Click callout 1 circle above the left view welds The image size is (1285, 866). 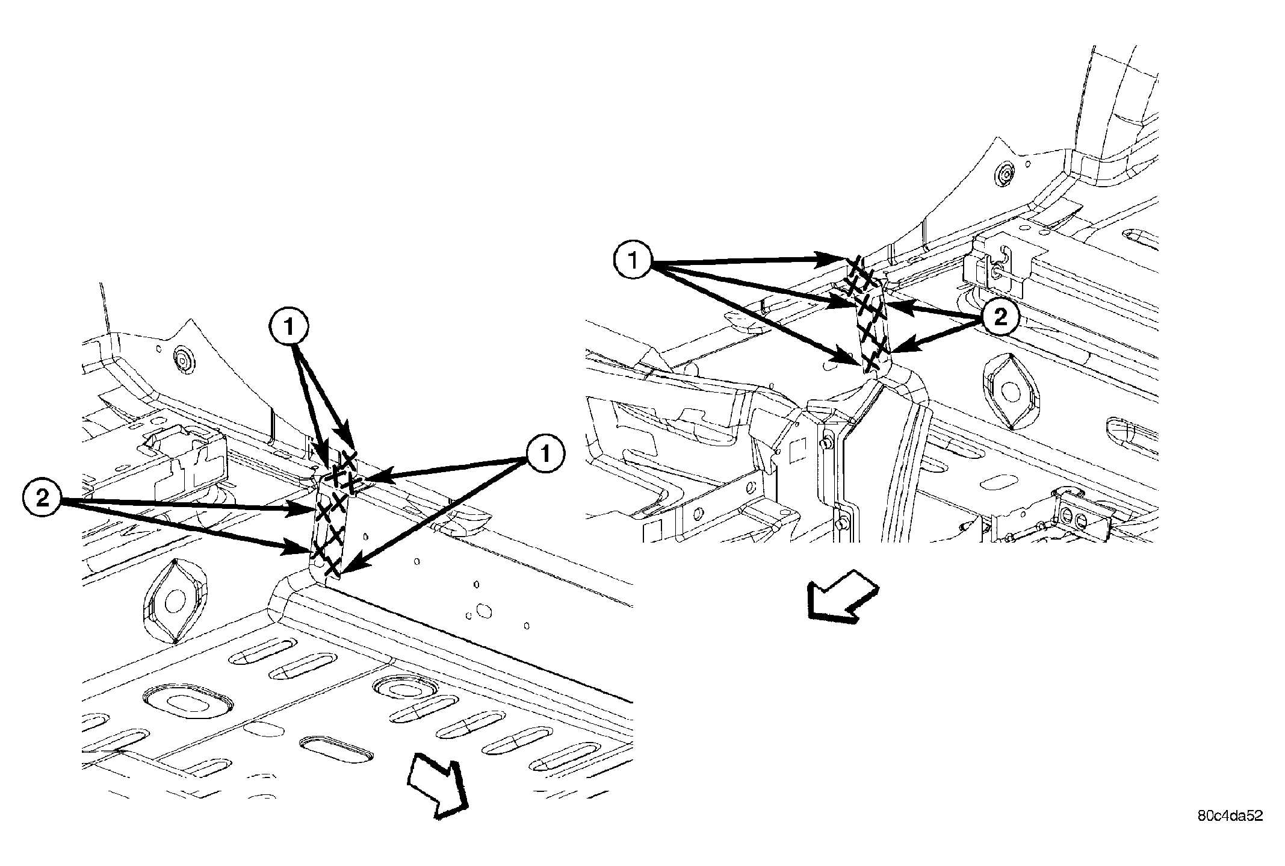tap(289, 328)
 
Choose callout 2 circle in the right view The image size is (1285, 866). tap(1000, 317)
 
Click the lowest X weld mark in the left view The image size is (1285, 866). tap(330, 567)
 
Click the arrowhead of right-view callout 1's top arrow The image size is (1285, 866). tap(839, 259)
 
